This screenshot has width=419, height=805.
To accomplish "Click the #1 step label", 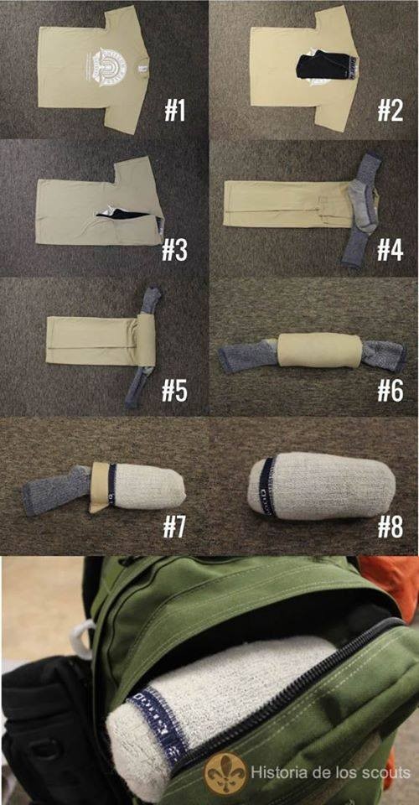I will click(174, 110).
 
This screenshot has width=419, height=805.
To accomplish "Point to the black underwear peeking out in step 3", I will click(126, 219).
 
